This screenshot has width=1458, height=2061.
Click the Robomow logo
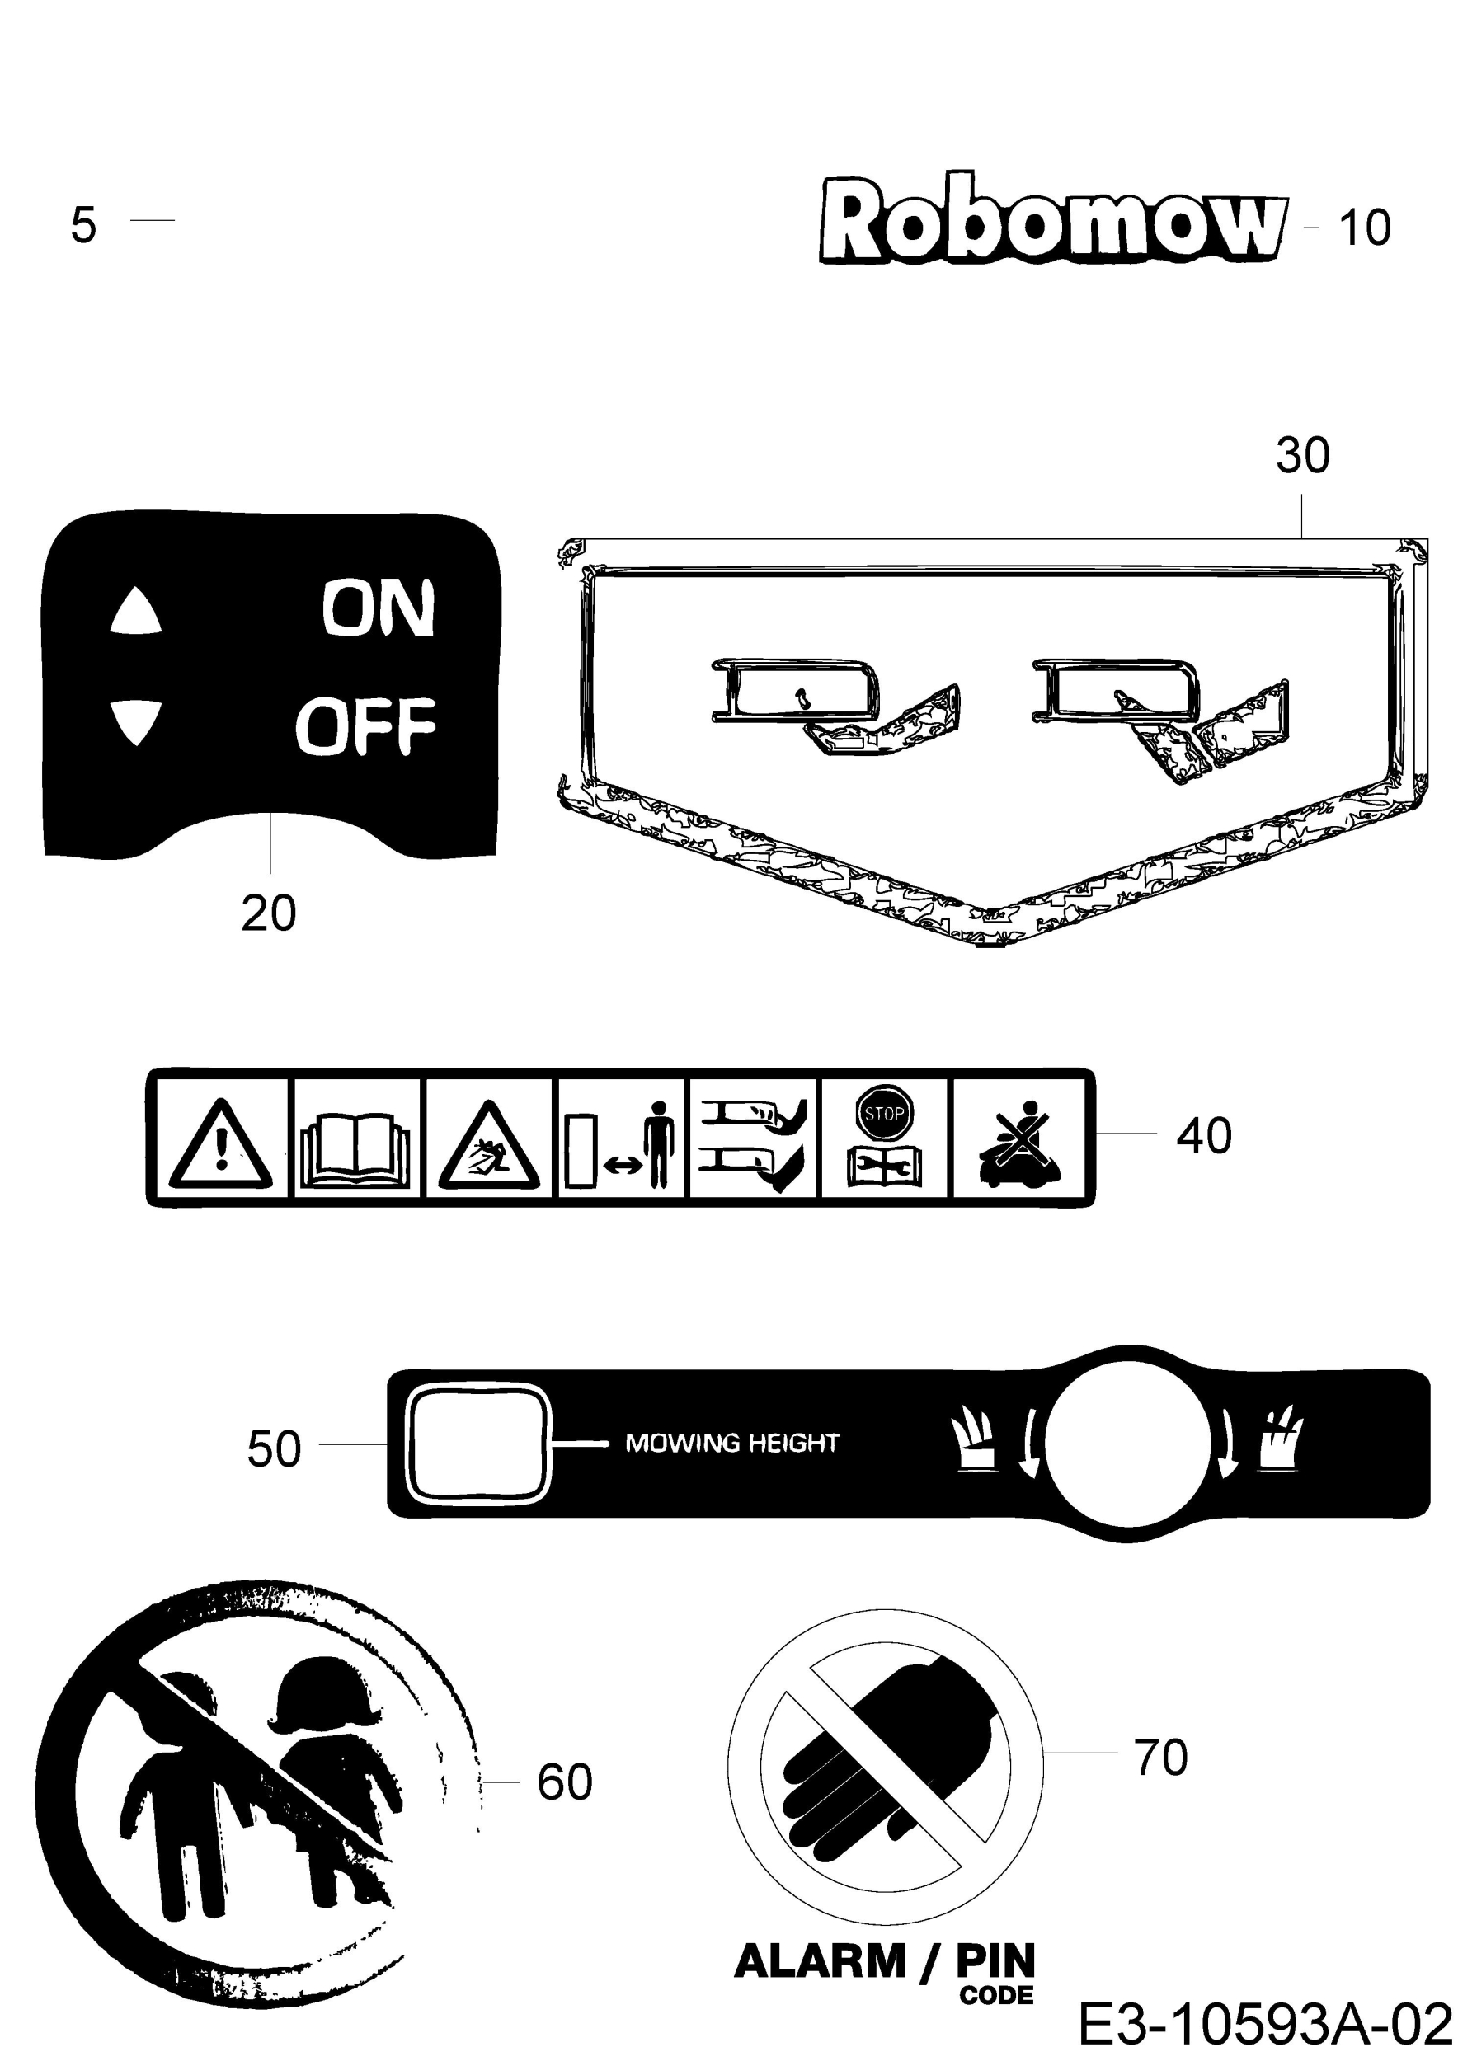pyautogui.click(x=1053, y=219)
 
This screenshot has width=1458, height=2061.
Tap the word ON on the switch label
pyautogui.click(x=378, y=608)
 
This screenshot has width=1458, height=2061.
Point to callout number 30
pyautogui.click(x=1303, y=455)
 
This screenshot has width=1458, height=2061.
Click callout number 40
pyautogui.click(x=1204, y=1135)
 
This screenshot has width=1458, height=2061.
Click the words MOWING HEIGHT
pyautogui.click(x=731, y=1444)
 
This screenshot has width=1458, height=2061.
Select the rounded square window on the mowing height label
pyautogui.click(x=478, y=1444)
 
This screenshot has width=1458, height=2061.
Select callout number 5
pyautogui.click(x=82, y=224)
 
